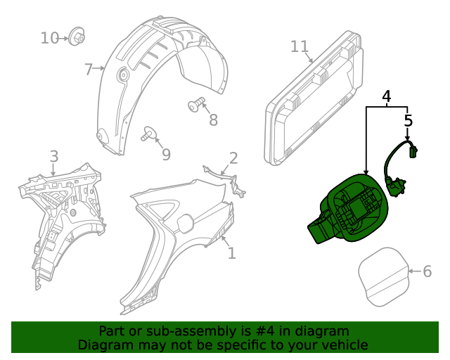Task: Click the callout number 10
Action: tap(49, 37)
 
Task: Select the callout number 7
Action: tap(89, 69)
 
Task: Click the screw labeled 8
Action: tap(195, 105)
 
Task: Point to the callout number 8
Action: tap(214, 120)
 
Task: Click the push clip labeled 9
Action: tap(150, 133)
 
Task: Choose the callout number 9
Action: tap(166, 153)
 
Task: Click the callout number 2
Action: tap(233, 158)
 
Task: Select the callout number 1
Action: tap(231, 252)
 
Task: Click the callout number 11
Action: tap(300, 46)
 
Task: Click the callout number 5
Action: tap(409, 121)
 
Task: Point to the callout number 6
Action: tap(426, 271)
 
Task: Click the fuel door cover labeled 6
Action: tap(384, 279)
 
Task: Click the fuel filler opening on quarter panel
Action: tap(184, 223)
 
